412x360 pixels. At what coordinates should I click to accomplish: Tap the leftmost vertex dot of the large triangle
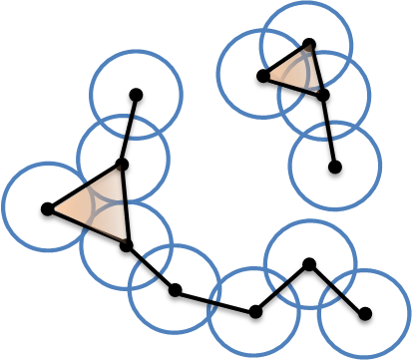click(45, 211)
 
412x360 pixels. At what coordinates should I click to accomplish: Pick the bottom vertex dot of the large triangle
click(124, 248)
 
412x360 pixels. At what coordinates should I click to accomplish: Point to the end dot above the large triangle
click(136, 97)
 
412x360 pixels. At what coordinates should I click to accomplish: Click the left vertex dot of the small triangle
click(261, 77)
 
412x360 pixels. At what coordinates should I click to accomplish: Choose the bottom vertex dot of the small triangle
click(323, 100)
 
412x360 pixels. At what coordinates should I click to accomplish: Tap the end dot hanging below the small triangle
click(334, 172)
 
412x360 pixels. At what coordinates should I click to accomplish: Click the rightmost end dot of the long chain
click(365, 318)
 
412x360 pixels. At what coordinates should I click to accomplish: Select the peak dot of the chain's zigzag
click(309, 266)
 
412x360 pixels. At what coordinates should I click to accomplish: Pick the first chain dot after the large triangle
click(174, 294)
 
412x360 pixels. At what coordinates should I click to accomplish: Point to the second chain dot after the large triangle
click(255, 316)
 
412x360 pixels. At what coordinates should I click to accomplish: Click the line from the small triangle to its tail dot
click(329, 136)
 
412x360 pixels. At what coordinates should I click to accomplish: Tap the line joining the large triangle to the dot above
click(130, 133)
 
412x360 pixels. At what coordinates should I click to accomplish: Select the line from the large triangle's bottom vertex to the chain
click(149, 271)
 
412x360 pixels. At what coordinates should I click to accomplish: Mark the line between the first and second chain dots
click(214, 305)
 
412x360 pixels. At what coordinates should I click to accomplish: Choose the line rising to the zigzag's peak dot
click(282, 291)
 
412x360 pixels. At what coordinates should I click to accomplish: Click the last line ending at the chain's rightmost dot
click(337, 292)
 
